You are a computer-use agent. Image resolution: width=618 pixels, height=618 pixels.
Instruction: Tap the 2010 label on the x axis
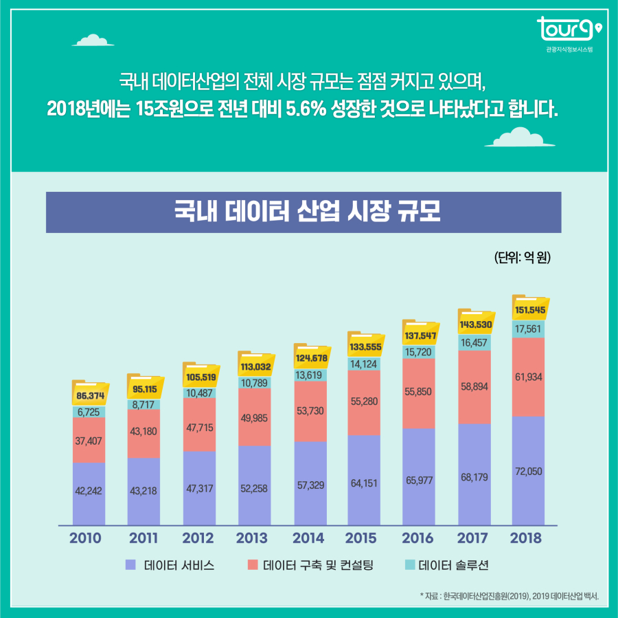click(x=84, y=538)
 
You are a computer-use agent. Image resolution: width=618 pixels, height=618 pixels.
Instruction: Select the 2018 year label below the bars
click(x=527, y=538)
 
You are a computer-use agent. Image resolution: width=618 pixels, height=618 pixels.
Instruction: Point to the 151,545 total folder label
click(x=530, y=311)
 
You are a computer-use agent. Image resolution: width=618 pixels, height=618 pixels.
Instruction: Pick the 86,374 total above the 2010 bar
click(x=89, y=396)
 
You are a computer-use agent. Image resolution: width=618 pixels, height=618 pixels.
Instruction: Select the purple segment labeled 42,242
click(x=89, y=490)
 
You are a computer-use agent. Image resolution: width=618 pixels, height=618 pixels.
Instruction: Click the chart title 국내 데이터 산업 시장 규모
click(x=303, y=212)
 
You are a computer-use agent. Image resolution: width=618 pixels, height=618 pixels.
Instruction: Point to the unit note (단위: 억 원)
click(x=523, y=258)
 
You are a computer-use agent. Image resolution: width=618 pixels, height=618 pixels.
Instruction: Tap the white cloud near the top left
click(x=91, y=39)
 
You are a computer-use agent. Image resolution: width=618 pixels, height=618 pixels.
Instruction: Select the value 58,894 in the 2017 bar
click(x=474, y=386)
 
